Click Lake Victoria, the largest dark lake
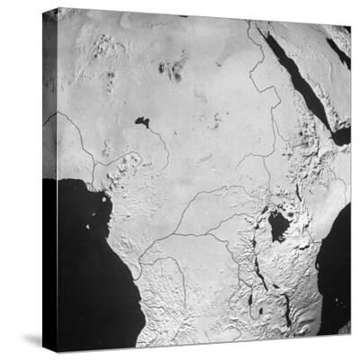click(278, 225)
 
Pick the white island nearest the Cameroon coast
click(91, 187)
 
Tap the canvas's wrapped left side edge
click(49, 180)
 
